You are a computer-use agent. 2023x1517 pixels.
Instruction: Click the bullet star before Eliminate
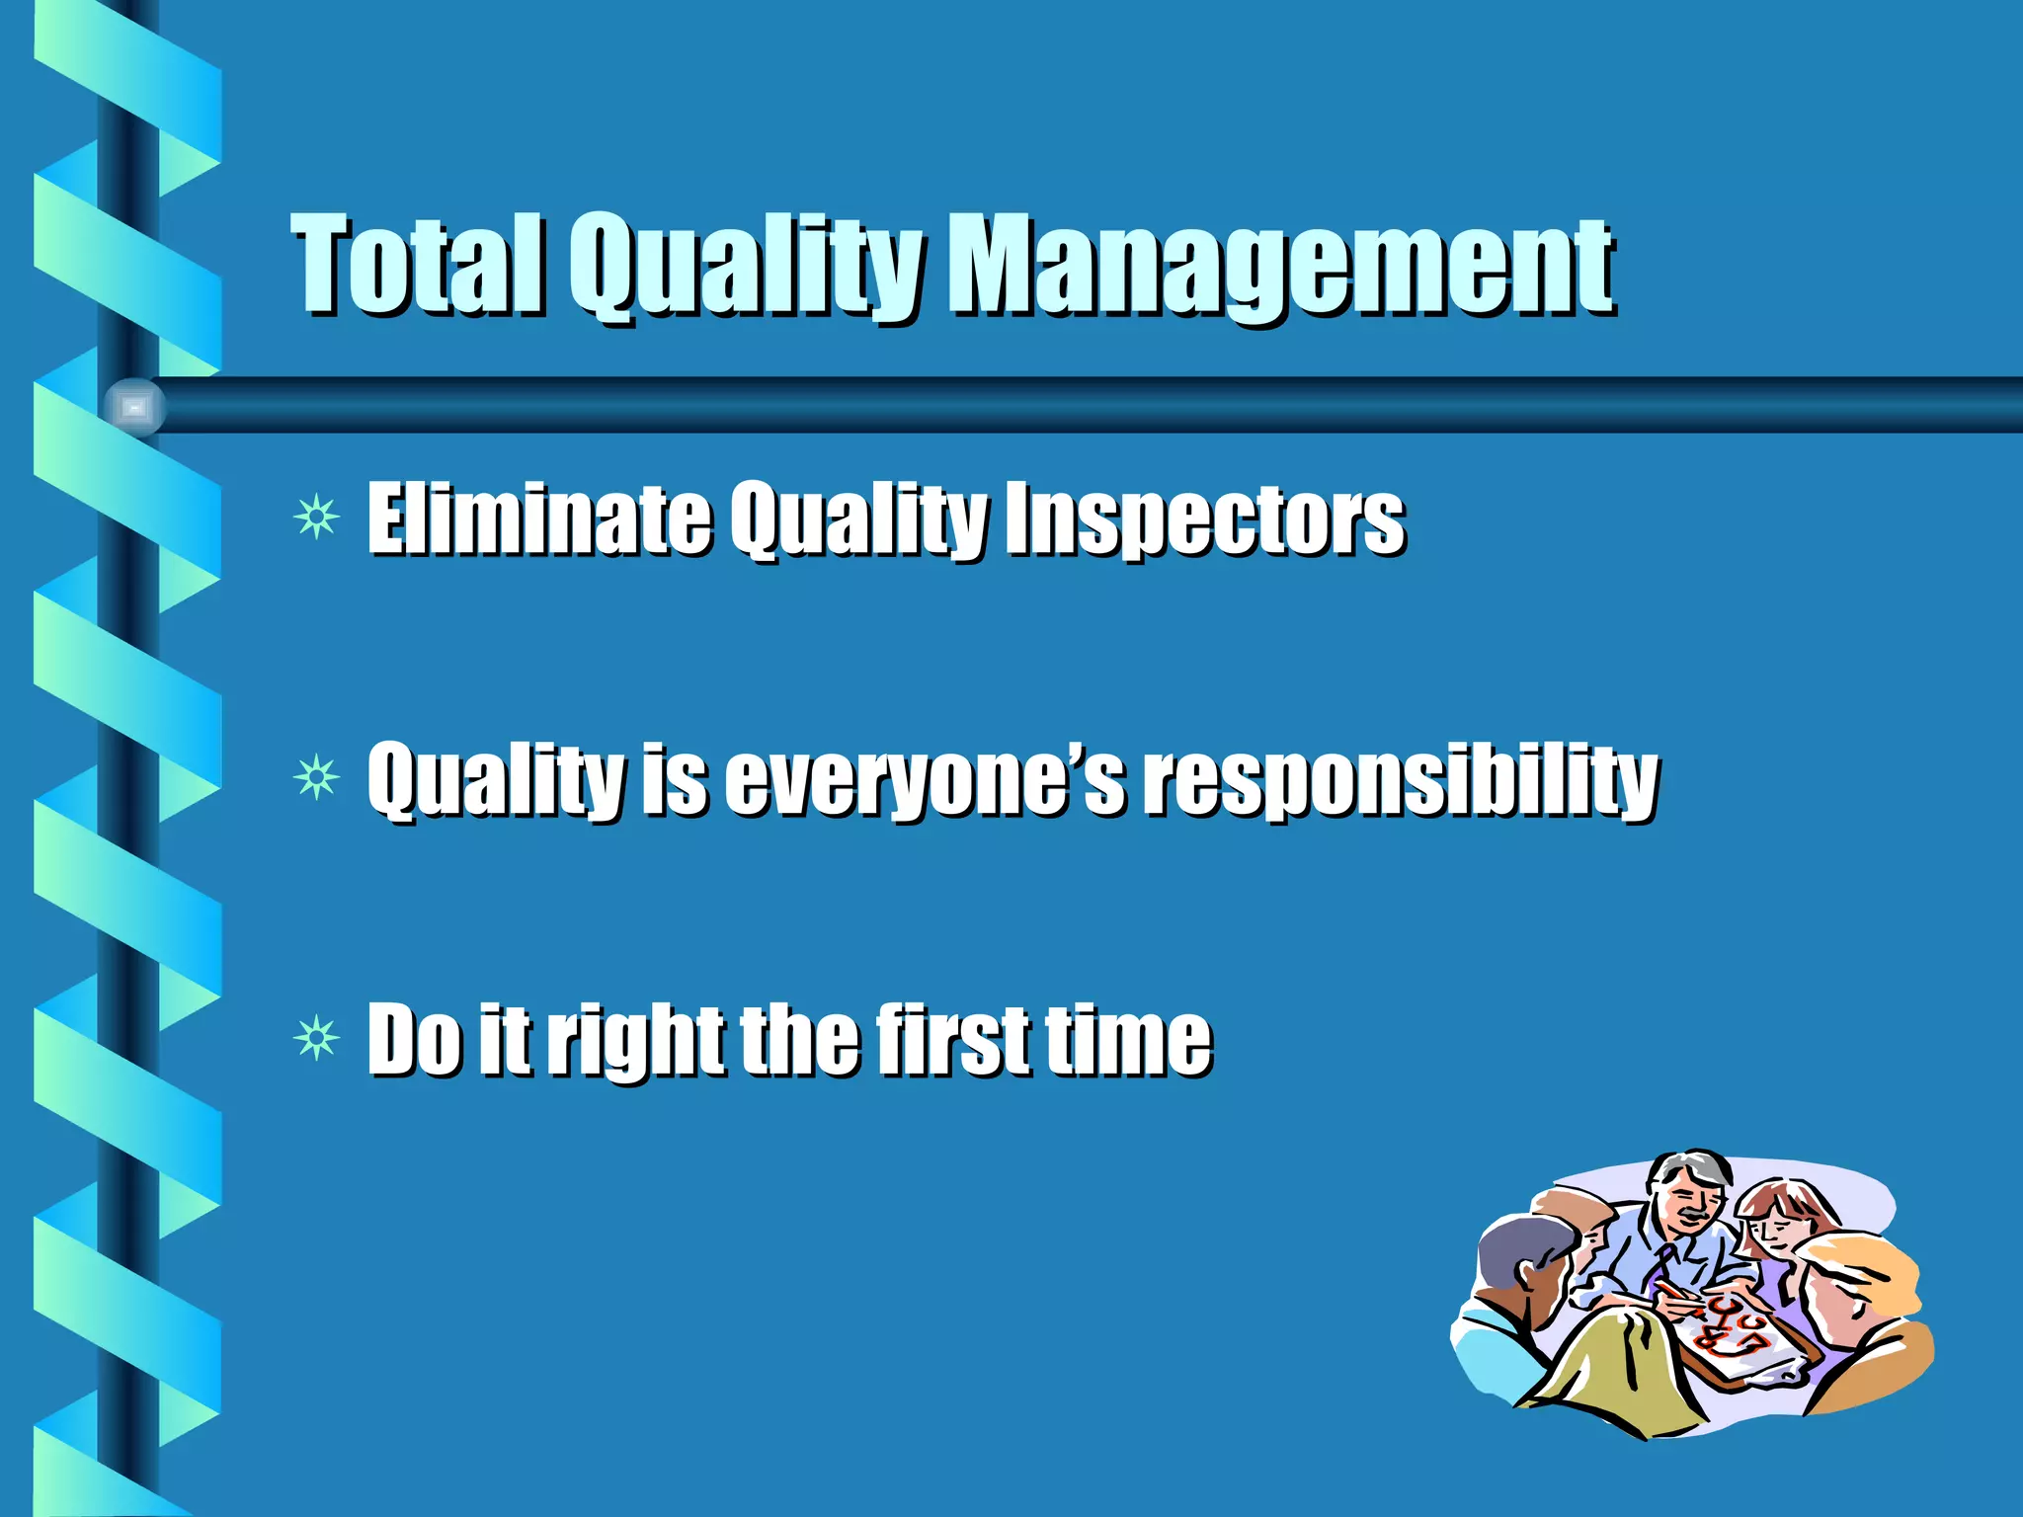pos(316,517)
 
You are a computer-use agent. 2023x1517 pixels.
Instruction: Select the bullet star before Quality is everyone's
pos(316,779)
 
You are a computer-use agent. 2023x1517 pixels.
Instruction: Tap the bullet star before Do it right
pos(316,1039)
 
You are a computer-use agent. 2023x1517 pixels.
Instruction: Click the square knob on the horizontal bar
pos(135,407)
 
